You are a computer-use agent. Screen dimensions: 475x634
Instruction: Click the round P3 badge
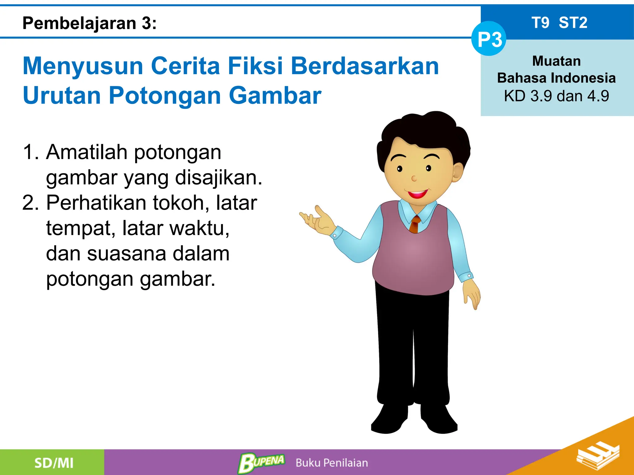click(x=489, y=39)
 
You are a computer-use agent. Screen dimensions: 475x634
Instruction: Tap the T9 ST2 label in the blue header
click(x=559, y=23)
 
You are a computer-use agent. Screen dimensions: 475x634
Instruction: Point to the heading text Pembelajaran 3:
click(x=89, y=23)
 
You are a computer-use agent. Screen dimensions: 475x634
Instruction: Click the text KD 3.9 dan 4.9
click(x=556, y=96)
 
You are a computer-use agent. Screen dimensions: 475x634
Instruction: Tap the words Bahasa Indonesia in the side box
click(x=556, y=78)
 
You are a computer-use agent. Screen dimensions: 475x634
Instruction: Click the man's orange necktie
click(x=415, y=224)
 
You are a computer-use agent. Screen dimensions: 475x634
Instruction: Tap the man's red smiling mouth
click(x=418, y=194)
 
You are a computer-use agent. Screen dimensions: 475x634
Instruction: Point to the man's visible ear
click(x=458, y=173)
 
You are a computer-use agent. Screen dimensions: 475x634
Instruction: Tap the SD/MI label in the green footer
click(x=54, y=463)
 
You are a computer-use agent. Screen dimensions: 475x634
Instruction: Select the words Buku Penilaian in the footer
click(x=332, y=463)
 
